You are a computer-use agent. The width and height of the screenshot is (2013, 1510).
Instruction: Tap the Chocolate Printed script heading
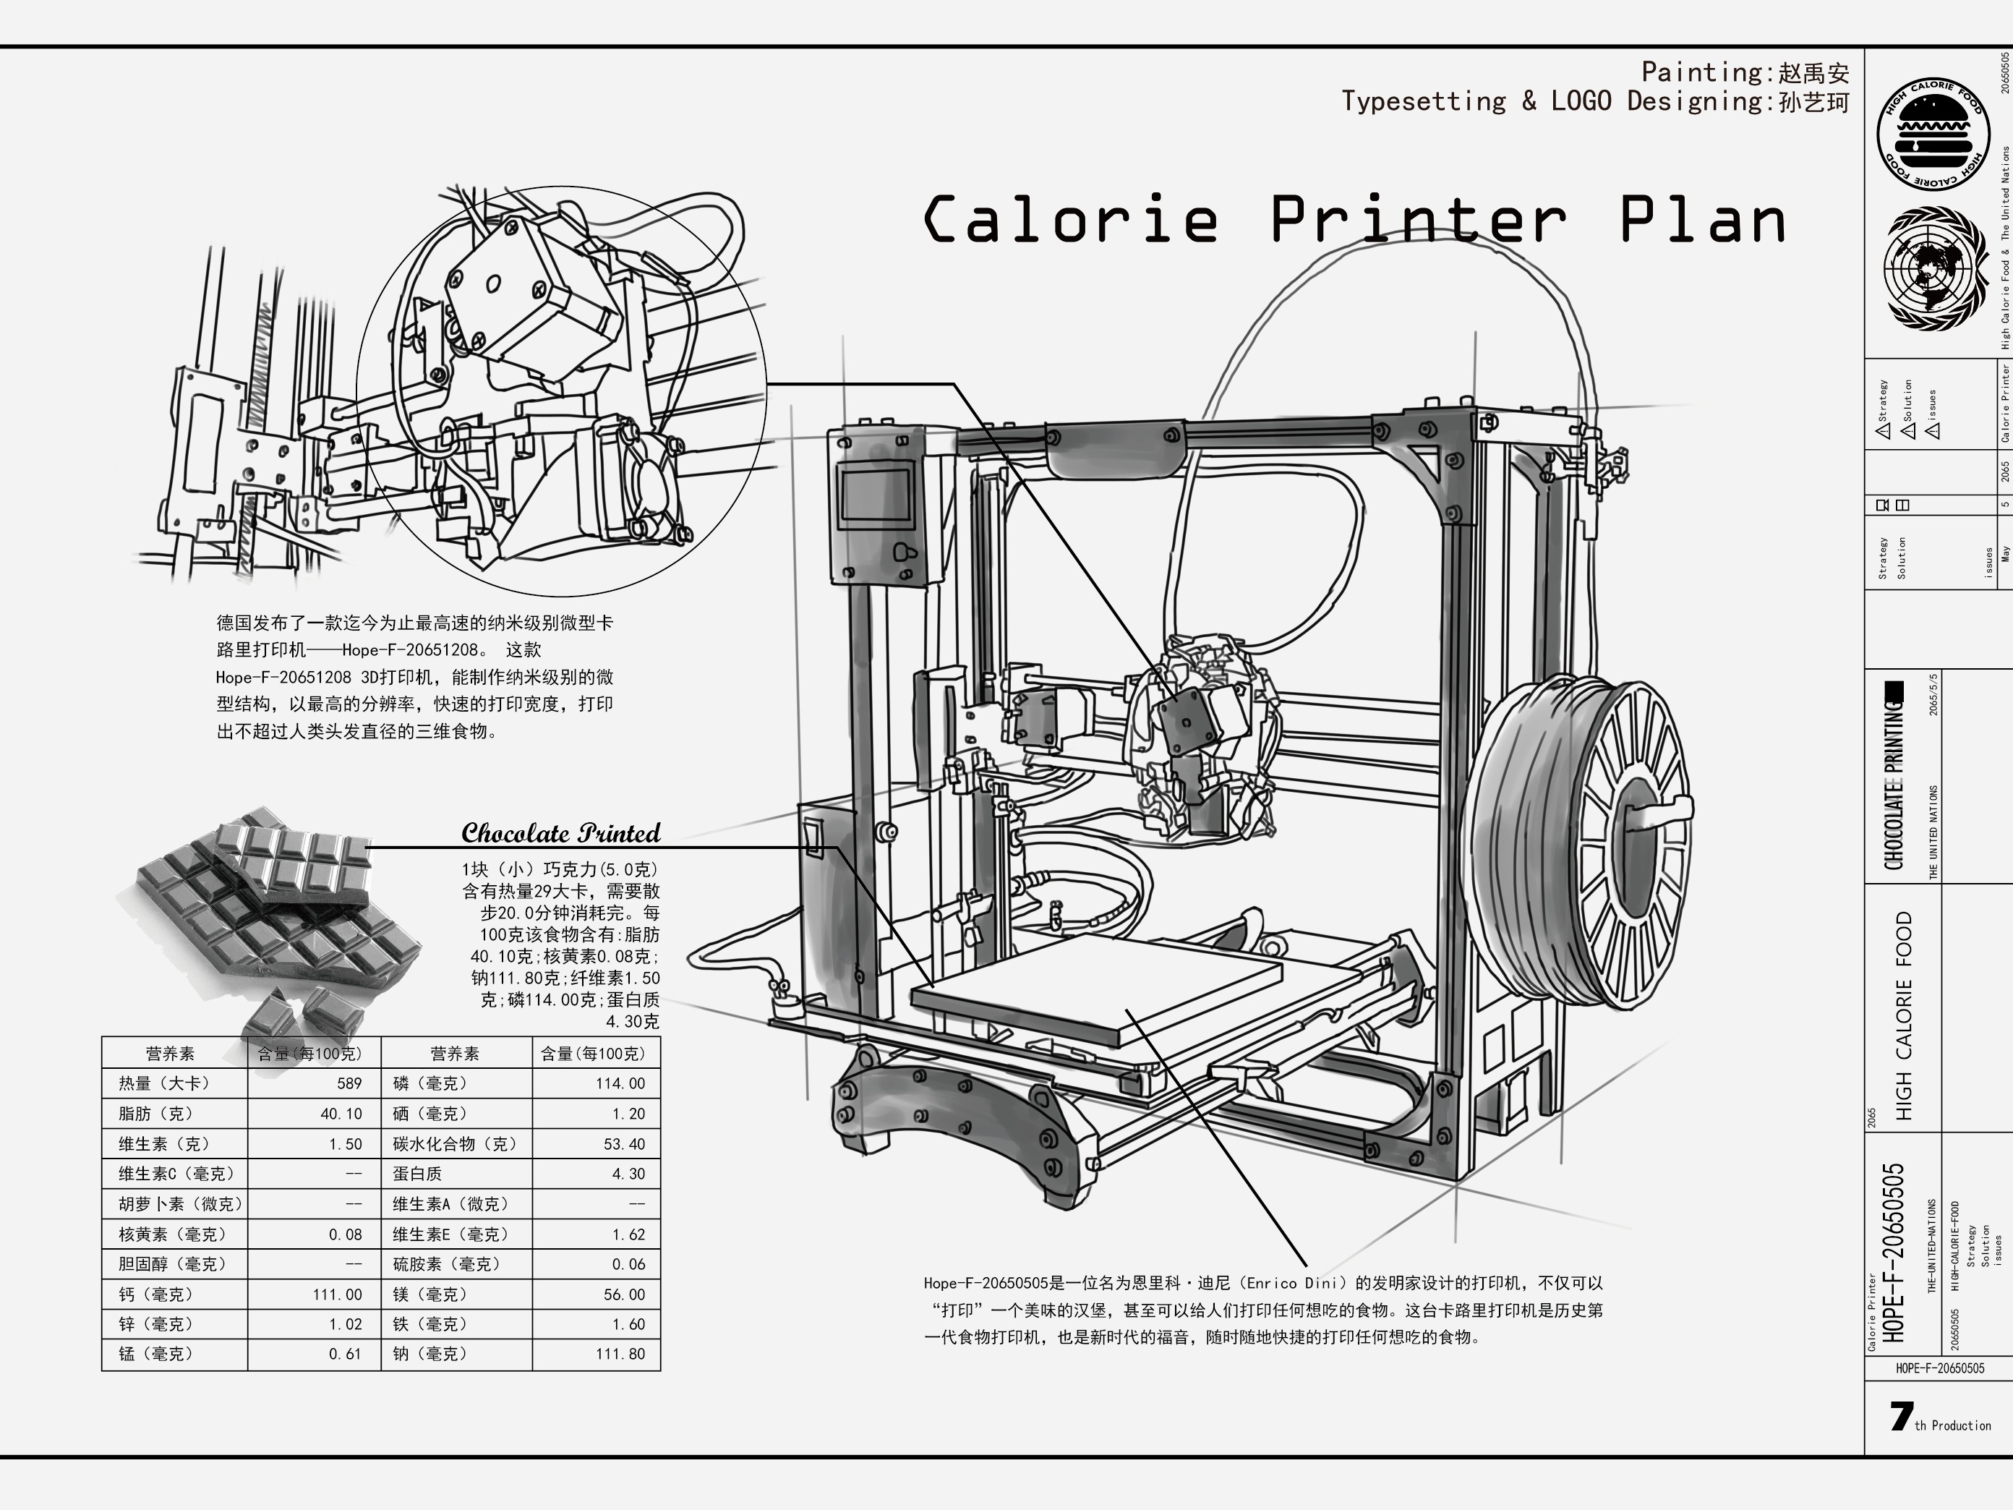point(560,833)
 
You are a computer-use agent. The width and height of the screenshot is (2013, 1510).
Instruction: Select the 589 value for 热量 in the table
point(349,1083)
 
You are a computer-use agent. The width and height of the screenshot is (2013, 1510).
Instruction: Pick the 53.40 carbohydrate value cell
point(623,1144)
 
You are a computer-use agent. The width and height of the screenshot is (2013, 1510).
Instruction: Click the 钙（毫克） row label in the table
point(155,1294)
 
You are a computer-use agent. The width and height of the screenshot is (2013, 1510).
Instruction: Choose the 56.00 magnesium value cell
point(623,1294)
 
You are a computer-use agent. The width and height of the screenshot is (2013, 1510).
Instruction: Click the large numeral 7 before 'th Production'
point(1900,1416)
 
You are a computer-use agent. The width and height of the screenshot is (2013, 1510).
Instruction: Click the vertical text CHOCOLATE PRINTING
point(1894,782)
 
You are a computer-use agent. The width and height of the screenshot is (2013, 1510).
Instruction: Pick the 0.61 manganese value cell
point(345,1355)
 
